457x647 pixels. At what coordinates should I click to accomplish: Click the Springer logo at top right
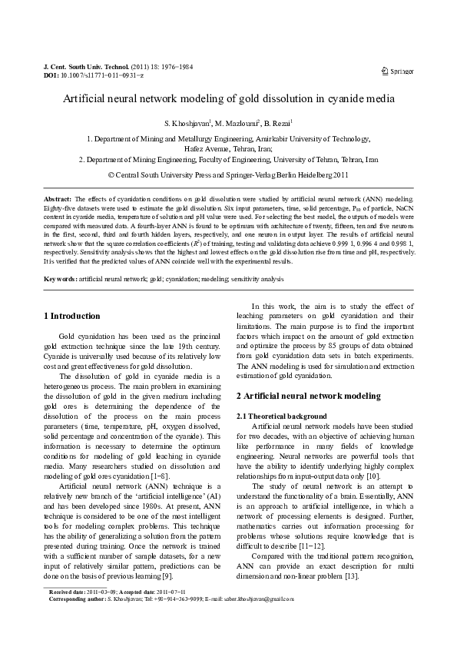click(x=397, y=71)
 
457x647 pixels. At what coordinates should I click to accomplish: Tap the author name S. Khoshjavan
click(x=187, y=124)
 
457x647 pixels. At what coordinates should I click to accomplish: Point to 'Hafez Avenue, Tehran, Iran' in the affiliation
click(x=228, y=149)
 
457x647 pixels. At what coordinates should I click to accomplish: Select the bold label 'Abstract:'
click(x=58, y=198)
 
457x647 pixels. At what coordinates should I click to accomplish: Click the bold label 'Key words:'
click(x=60, y=278)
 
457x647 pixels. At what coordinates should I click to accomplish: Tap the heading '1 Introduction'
click(x=71, y=316)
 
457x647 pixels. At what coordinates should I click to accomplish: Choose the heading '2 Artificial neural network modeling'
click(x=308, y=396)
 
